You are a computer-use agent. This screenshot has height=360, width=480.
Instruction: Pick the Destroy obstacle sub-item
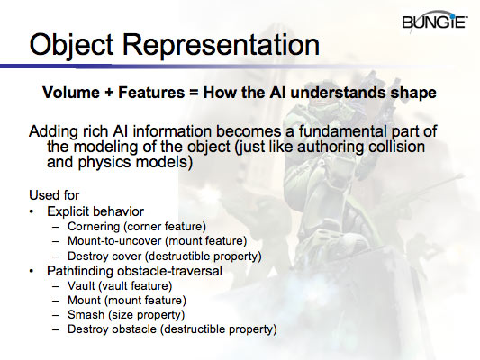coord(171,329)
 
